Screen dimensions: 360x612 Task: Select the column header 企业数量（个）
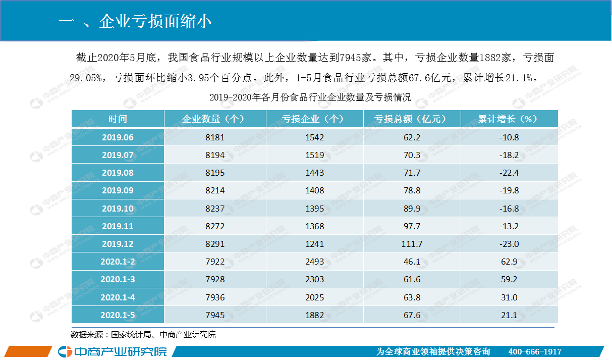(215, 119)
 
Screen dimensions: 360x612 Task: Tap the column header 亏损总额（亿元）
(412, 119)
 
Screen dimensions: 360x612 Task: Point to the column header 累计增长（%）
(509, 119)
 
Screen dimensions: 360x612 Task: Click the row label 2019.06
(118, 137)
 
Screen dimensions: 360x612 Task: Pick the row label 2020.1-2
(118, 262)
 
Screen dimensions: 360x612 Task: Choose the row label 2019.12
(118, 244)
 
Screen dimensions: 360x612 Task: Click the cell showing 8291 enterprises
(215, 244)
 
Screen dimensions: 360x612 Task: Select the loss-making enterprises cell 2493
(314, 262)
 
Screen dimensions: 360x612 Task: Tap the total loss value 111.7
(412, 244)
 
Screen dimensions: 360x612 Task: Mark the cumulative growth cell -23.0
(509, 244)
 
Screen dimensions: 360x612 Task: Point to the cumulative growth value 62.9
(509, 262)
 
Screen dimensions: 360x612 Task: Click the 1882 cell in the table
(314, 315)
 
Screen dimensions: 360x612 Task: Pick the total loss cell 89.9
(412, 209)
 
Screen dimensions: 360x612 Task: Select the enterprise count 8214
(215, 191)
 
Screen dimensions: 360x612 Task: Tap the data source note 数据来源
(143, 334)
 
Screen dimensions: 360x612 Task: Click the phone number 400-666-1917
(535, 351)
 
